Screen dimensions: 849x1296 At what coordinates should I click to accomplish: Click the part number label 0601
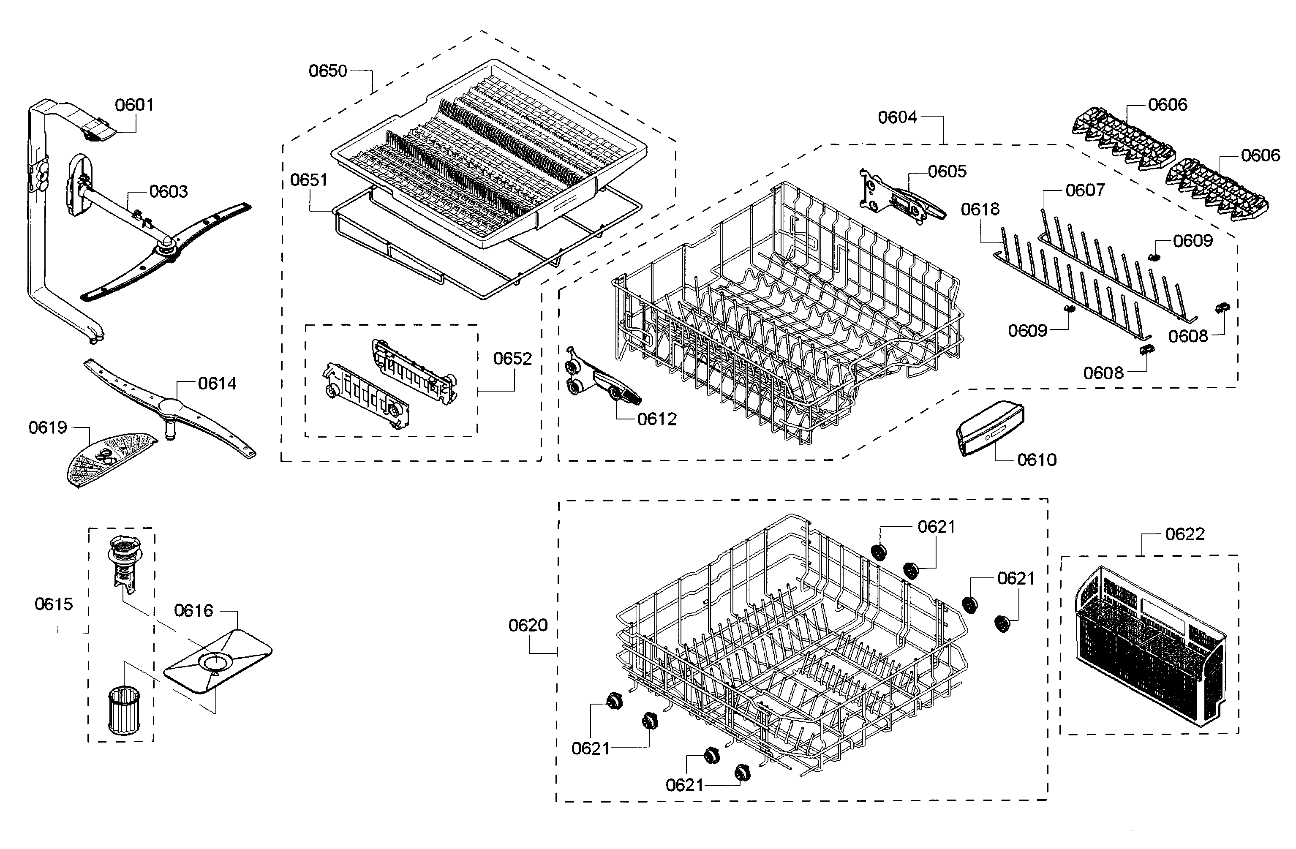tap(134, 105)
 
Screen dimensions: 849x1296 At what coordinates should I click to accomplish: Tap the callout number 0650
tap(327, 71)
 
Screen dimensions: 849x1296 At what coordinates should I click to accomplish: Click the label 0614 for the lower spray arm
tap(217, 384)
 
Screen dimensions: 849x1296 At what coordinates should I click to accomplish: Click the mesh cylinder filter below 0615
tap(124, 711)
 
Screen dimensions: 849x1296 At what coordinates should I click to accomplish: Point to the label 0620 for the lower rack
tap(528, 625)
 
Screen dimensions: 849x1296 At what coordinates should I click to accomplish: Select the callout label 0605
tap(947, 171)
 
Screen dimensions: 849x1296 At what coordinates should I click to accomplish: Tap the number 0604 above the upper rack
tap(897, 117)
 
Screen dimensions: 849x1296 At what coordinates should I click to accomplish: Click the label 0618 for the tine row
tap(980, 209)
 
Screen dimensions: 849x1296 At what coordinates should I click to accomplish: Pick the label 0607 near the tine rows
tap(1085, 190)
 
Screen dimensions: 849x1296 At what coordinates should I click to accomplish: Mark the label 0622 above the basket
tap(1184, 534)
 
